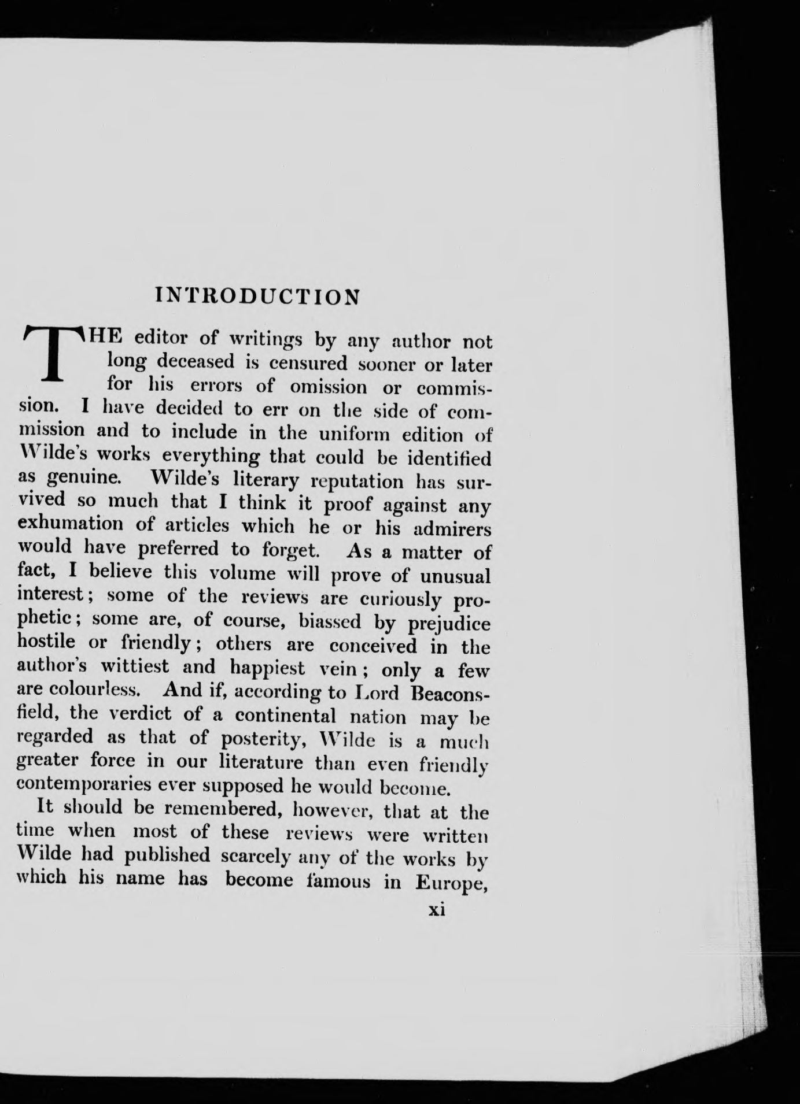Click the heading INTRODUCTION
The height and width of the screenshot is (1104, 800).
click(258, 295)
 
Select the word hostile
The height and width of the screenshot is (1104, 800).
click(47, 641)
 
